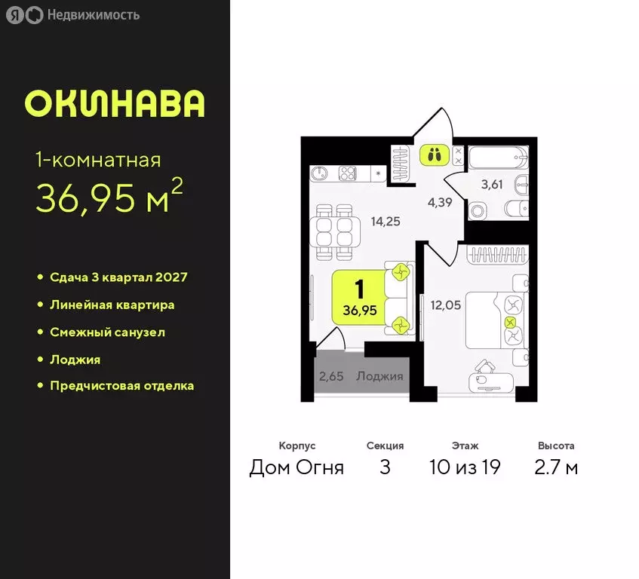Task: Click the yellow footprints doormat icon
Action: (x=433, y=155)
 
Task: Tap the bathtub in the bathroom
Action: (x=498, y=158)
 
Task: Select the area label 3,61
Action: (x=497, y=184)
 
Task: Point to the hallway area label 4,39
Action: (x=441, y=202)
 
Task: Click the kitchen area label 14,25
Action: (x=386, y=221)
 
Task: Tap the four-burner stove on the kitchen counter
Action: (x=348, y=173)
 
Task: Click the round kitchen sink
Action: (x=320, y=173)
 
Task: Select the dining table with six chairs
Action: (x=334, y=229)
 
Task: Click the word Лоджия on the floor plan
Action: (x=380, y=376)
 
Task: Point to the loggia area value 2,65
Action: (x=331, y=376)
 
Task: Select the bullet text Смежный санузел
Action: (x=107, y=332)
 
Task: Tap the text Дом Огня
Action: (x=296, y=467)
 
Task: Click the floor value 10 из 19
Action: (x=465, y=467)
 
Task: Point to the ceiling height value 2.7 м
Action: (x=556, y=467)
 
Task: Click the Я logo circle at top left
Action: (x=15, y=15)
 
